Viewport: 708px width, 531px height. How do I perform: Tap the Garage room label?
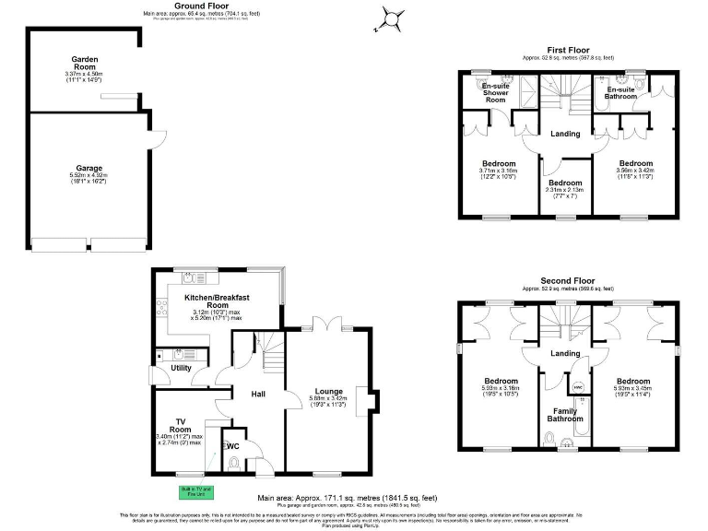point(88,169)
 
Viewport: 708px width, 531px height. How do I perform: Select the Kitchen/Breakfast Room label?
point(218,302)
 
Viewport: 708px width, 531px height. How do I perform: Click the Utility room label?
point(181,368)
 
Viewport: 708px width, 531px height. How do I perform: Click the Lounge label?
point(328,391)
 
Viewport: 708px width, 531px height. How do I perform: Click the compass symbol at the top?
point(392,18)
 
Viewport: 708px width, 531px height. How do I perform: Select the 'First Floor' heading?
point(568,50)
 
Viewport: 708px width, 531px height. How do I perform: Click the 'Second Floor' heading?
point(567,280)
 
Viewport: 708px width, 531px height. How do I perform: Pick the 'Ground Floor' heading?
point(202,6)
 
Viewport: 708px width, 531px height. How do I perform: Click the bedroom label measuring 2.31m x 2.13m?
point(565,183)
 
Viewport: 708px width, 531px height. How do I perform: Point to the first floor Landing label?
point(565,134)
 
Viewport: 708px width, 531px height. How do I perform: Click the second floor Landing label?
point(566,353)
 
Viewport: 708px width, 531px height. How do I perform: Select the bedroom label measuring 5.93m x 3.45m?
point(633,382)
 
